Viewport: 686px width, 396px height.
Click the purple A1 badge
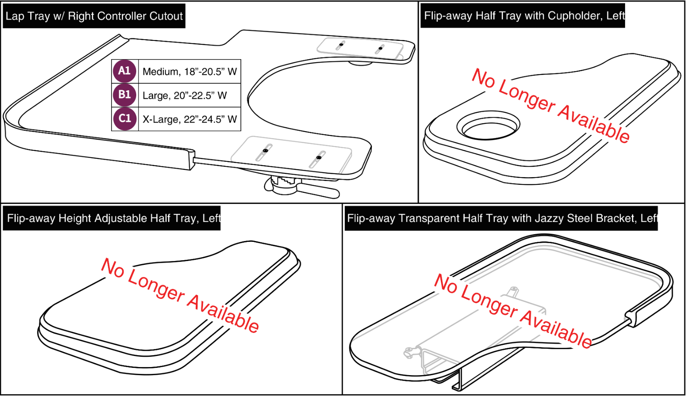point(124,71)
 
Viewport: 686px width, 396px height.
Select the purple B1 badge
point(124,95)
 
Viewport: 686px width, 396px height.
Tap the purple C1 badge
point(124,118)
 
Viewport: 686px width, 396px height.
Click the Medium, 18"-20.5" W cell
point(189,72)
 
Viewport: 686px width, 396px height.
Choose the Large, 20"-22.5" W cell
point(189,95)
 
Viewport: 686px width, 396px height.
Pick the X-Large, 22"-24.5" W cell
point(189,119)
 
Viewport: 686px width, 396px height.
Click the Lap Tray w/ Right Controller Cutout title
point(94,16)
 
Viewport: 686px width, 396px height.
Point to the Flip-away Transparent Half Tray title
point(501,218)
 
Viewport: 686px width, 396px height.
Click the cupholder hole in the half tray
point(488,126)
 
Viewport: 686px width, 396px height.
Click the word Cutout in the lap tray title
point(166,16)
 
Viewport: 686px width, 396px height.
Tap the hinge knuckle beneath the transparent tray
point(410,352)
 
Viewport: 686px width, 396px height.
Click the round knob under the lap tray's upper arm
point(360,63)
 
